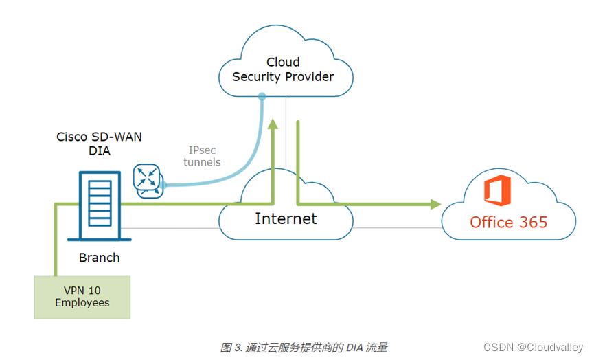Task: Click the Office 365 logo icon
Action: [497, 191]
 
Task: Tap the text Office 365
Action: [508, 222]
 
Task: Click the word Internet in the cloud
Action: [286, 218]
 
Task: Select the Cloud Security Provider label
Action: [283, 69]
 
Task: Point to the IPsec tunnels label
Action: [204, 156]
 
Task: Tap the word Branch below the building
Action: [99, 258]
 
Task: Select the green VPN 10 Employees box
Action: [82, 296]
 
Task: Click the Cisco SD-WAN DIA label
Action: [99, 143]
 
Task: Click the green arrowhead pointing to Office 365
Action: [435, 204]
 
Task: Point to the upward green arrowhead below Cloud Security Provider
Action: [273, 124]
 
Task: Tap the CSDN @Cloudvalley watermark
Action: [533, 348]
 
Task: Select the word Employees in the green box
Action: [82, 302]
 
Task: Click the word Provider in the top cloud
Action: [309, 76]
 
